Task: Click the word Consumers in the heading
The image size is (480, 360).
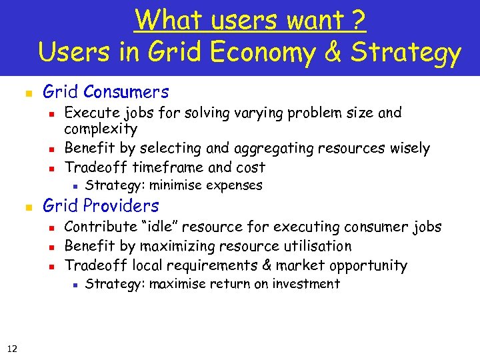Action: (126, 91)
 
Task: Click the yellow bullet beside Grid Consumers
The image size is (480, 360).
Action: (28, 93)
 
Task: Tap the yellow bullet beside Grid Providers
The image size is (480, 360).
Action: (28, 207)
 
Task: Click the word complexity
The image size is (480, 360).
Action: (101, 129)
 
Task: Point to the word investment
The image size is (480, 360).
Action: (304, 284)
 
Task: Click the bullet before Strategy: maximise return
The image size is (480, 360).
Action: (75, 285)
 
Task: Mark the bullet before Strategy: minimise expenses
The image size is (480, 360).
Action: (75, 186)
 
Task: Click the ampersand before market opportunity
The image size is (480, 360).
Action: (267, 265)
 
